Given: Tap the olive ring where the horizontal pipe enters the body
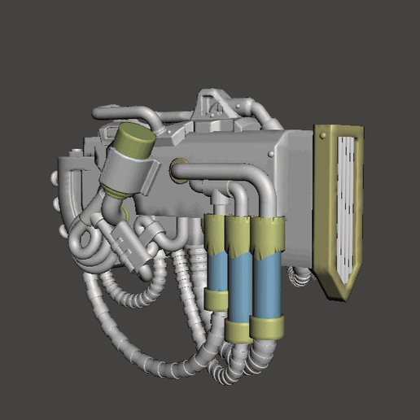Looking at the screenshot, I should [177, 170].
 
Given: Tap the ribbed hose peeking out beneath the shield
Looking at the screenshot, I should [301, 277].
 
